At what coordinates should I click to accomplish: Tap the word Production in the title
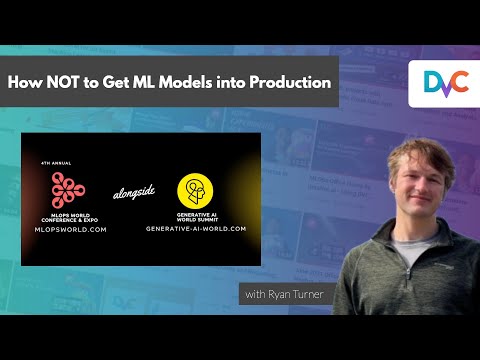pos(288,83)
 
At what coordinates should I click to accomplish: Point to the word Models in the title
pos(204,83)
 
